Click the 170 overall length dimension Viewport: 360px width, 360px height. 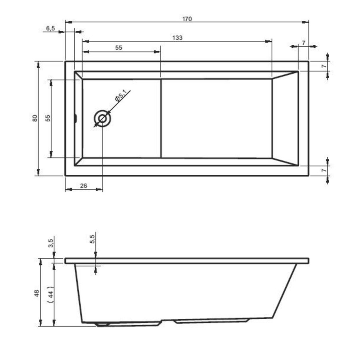click(x=187, y=19)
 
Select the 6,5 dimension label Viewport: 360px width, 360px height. click(x=50, y=28)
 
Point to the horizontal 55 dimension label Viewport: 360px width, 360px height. click(x=118, y=48)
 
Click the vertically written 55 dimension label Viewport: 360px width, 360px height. click(x=47, y=118)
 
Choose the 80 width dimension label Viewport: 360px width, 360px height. click(x=35, y=118)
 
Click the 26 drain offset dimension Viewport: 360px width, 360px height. click(x=84, y=186)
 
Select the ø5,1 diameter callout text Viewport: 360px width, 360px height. click(x=120, y=96)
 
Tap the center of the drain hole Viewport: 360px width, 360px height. click(x=102, y=118)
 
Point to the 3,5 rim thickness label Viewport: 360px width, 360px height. click(x=50, y=243)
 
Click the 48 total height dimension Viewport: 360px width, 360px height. click(x=36, y=293)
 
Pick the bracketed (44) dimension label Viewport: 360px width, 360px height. click(x=50, y=293)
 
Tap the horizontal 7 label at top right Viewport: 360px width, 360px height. click(x=304, y=42)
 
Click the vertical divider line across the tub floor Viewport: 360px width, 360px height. click(x=161, y=118)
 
